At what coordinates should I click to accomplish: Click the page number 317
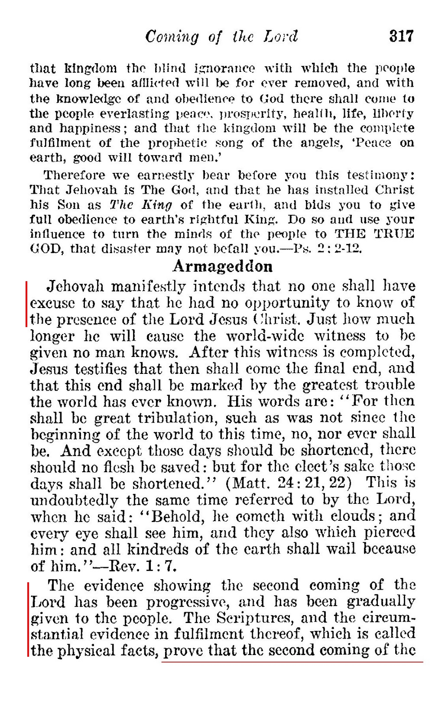(401, 36)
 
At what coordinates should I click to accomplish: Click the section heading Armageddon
(223, 266)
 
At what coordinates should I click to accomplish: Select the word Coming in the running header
(172, 37)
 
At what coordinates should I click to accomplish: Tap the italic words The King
(141, 205)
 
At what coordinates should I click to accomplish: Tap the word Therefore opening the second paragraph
(74, 175)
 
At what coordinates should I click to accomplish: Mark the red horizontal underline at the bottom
(292, 662)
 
